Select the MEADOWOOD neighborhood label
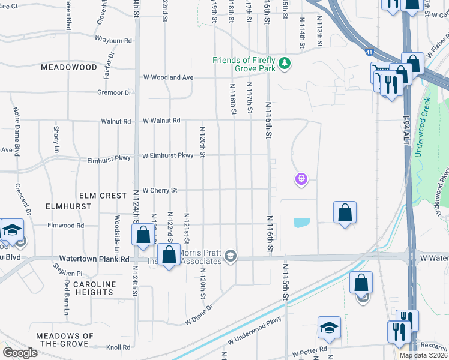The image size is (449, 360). click(x=69, y=67)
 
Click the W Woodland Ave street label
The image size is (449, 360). click(x=168, y=77)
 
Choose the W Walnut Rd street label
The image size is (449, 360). click(x=161, y=121)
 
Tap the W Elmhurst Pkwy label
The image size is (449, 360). click(x=167, y=156)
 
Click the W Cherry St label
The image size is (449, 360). click(x=160, y=190)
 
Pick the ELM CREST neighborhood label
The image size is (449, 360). click(x=103, y=196)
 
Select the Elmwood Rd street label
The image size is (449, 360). click(x=67, y=226)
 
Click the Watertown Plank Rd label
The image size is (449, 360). click(x=107, y=260)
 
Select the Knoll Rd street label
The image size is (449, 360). click(x=118, y=347)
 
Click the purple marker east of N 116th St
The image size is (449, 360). click(x=301, y=178)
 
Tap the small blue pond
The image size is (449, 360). click(x=302, y=223)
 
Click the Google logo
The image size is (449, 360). click(x=20, y=353)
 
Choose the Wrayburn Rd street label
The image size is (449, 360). click(x=113, y=40)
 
